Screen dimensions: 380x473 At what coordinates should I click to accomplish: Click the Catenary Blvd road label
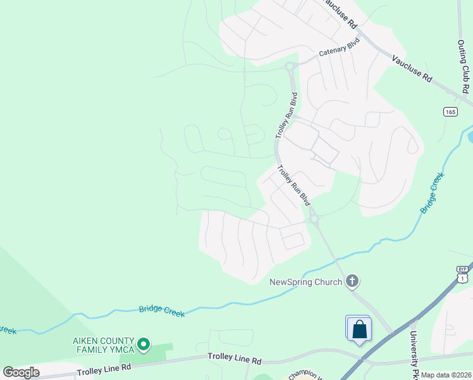(339, 47)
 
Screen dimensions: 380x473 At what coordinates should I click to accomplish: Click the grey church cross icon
(352, 281)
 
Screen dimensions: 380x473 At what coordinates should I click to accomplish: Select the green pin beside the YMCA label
(144, 345)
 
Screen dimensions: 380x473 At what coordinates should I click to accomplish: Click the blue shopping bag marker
(359, 329)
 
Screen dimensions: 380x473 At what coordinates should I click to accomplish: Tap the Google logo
(21, 372)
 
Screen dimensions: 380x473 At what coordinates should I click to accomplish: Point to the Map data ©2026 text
(446, 375)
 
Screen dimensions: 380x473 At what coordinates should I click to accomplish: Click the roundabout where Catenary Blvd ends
(290, 65)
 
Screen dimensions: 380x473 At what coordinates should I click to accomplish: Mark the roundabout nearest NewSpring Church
(314, 219)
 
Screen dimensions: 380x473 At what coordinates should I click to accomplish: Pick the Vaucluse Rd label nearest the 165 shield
(412, 68)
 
